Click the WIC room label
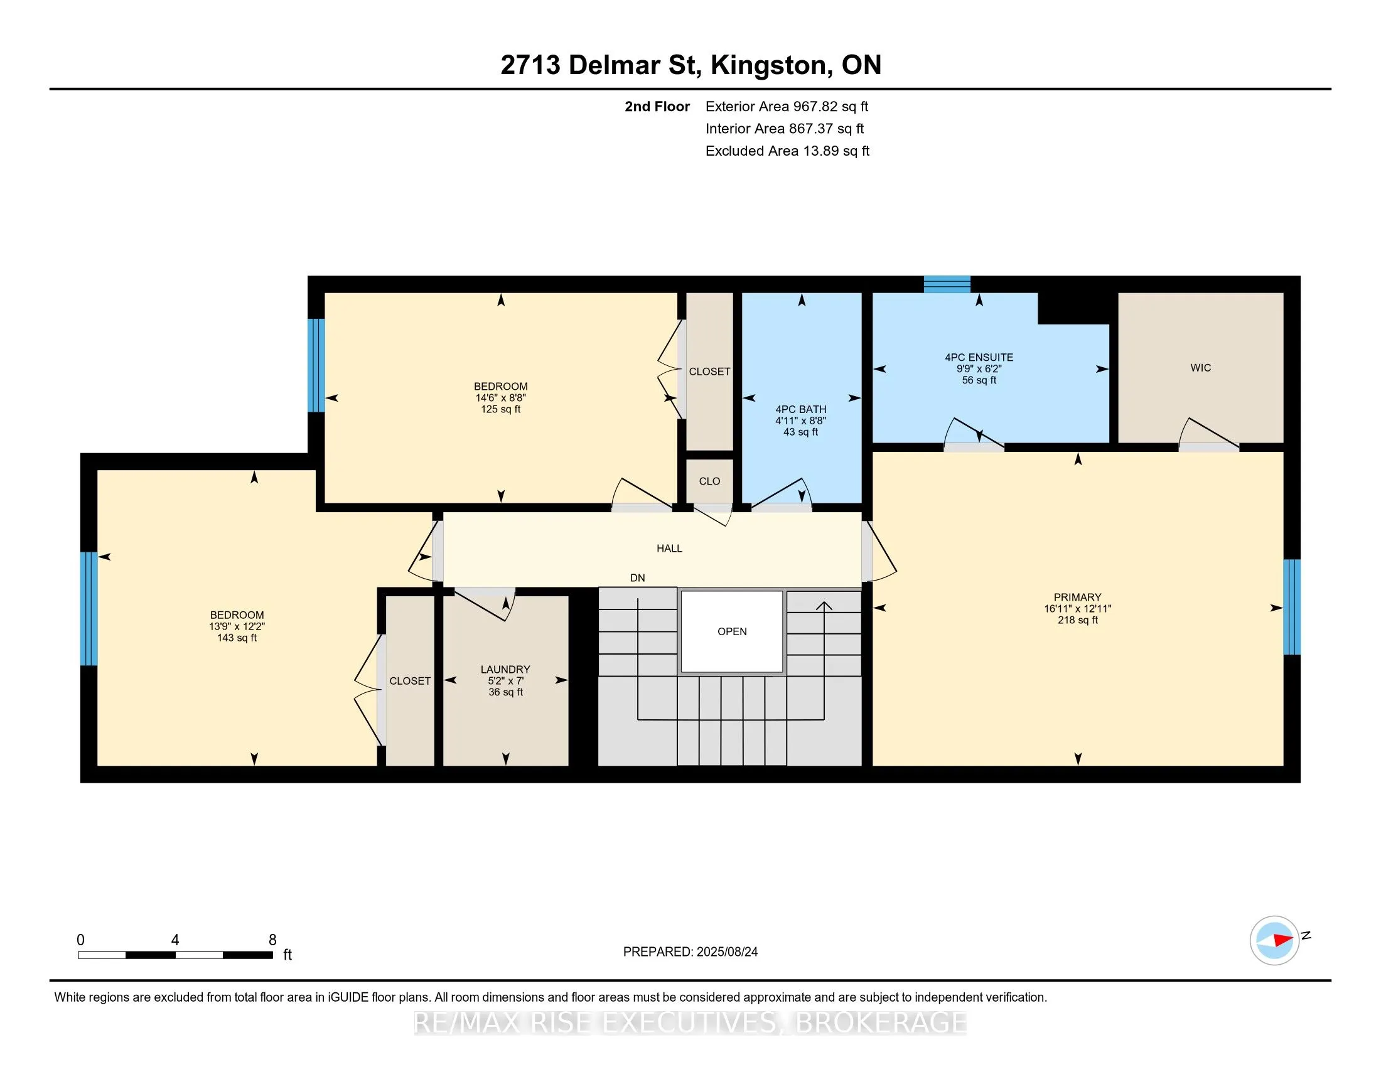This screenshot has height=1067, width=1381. [x=1200, y=368]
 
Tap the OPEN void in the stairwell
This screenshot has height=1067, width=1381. [x=731, y=631]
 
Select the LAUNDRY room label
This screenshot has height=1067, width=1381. [x=505, y=670]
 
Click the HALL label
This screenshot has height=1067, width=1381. [x=669, y=549]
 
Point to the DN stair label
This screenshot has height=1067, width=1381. [x=637, y=577]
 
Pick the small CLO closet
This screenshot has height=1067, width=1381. [x=709, y=481]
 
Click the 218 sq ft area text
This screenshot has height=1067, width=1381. [x=1077, y=620]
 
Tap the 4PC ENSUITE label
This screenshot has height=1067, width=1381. [x=979, y=357]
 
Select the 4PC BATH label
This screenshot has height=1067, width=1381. [x=800, y=409]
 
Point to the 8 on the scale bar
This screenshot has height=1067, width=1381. [x=272, y=940]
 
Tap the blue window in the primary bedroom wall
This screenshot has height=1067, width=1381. [x=1291, y=607]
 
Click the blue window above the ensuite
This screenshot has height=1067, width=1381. [x=947, y=284]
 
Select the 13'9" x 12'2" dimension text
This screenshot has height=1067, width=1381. [x=237, y=626]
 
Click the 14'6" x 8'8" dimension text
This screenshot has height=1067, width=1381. [x=501, y=397]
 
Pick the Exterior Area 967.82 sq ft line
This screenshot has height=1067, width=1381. [x=787, y=107]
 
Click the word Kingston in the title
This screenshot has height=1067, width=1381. [x=768, y=65]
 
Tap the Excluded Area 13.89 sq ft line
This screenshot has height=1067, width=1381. [x=787, y=151]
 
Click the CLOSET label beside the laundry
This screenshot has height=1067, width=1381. [x=410, y=681]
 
